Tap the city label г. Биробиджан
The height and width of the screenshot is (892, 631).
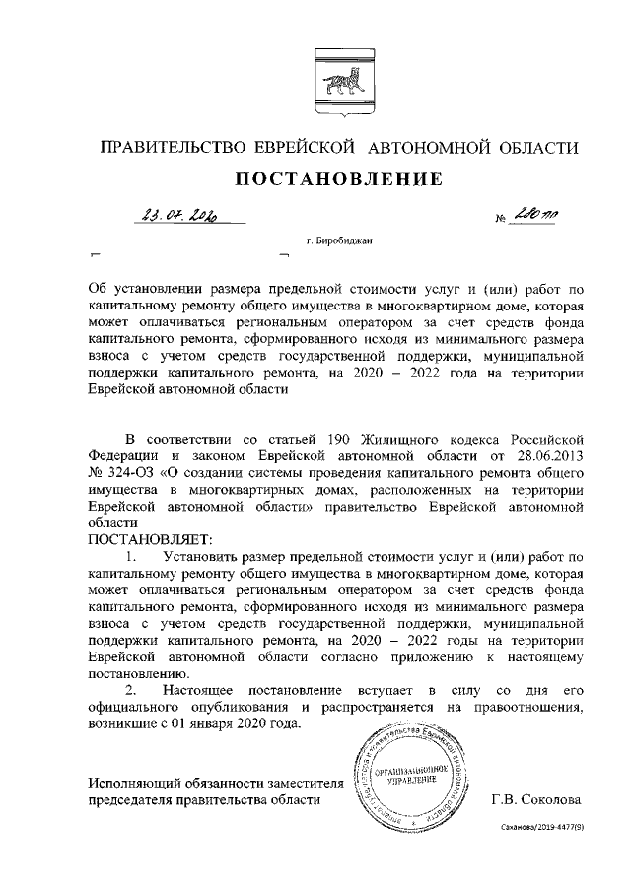pyautogui.click(x=339, y=240)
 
